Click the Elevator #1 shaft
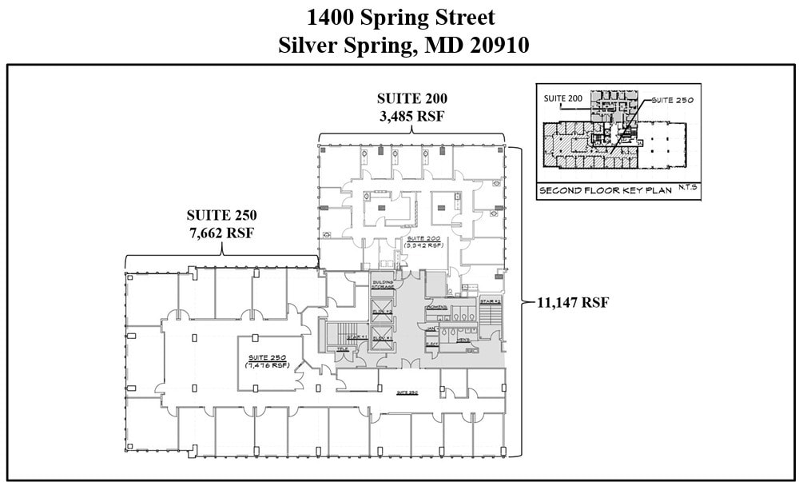click(382, 338)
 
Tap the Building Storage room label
click(382, 284)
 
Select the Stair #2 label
click(490, 301)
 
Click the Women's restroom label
click(436, 308)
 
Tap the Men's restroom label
click(463, 341)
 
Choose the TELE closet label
click(342, 349)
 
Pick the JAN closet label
click(431, 328)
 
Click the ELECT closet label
click(431, 345)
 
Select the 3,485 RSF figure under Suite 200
click(411, 116)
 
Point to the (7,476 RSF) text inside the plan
click(267, 365)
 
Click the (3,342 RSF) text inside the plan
click(424, 246)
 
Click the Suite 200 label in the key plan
click(563, 98)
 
